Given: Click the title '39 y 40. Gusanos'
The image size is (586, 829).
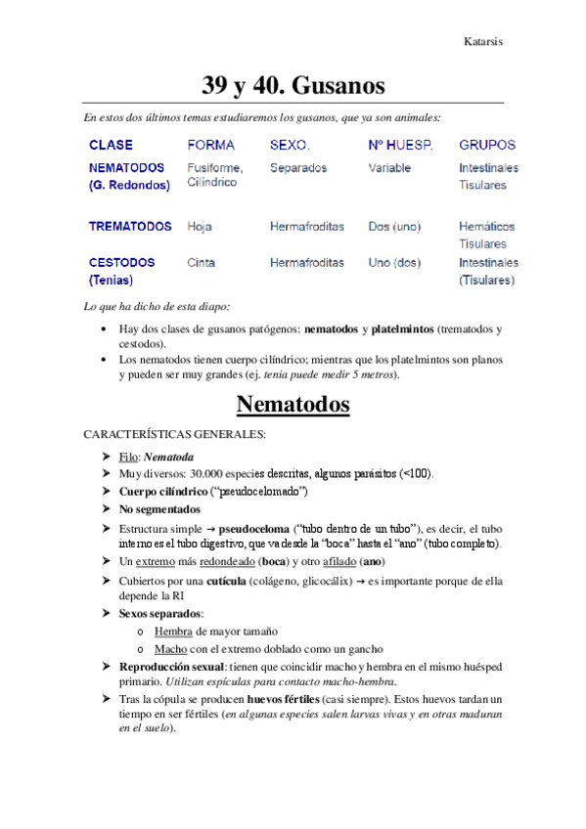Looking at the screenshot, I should point(293,85).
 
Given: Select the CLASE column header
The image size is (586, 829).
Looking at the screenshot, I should point(112,145).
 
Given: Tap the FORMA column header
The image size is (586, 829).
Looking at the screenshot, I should point(210,145).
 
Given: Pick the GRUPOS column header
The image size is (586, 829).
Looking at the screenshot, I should point(487,145).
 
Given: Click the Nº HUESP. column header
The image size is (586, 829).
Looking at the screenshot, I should point(400,145).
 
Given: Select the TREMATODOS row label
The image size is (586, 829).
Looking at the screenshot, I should point(130,227).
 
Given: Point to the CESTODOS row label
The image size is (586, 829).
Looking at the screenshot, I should point(121,263).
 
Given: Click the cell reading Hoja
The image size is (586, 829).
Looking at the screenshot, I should point(200,227).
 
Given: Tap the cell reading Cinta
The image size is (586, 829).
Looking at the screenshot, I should point(202,263).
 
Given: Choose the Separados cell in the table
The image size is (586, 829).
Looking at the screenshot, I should point(298,168).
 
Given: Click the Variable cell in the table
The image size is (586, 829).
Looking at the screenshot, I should point(389,168).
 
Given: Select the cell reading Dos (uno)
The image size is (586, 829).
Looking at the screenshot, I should point(392,227).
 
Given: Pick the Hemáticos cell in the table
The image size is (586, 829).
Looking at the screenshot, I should point(487,227).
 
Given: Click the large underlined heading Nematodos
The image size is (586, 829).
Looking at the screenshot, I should point(293,403).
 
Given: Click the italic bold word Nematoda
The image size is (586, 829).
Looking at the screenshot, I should point(168,457).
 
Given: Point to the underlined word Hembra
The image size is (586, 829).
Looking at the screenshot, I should point(173,632).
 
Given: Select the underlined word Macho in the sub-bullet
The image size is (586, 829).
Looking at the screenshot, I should point(170,649).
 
